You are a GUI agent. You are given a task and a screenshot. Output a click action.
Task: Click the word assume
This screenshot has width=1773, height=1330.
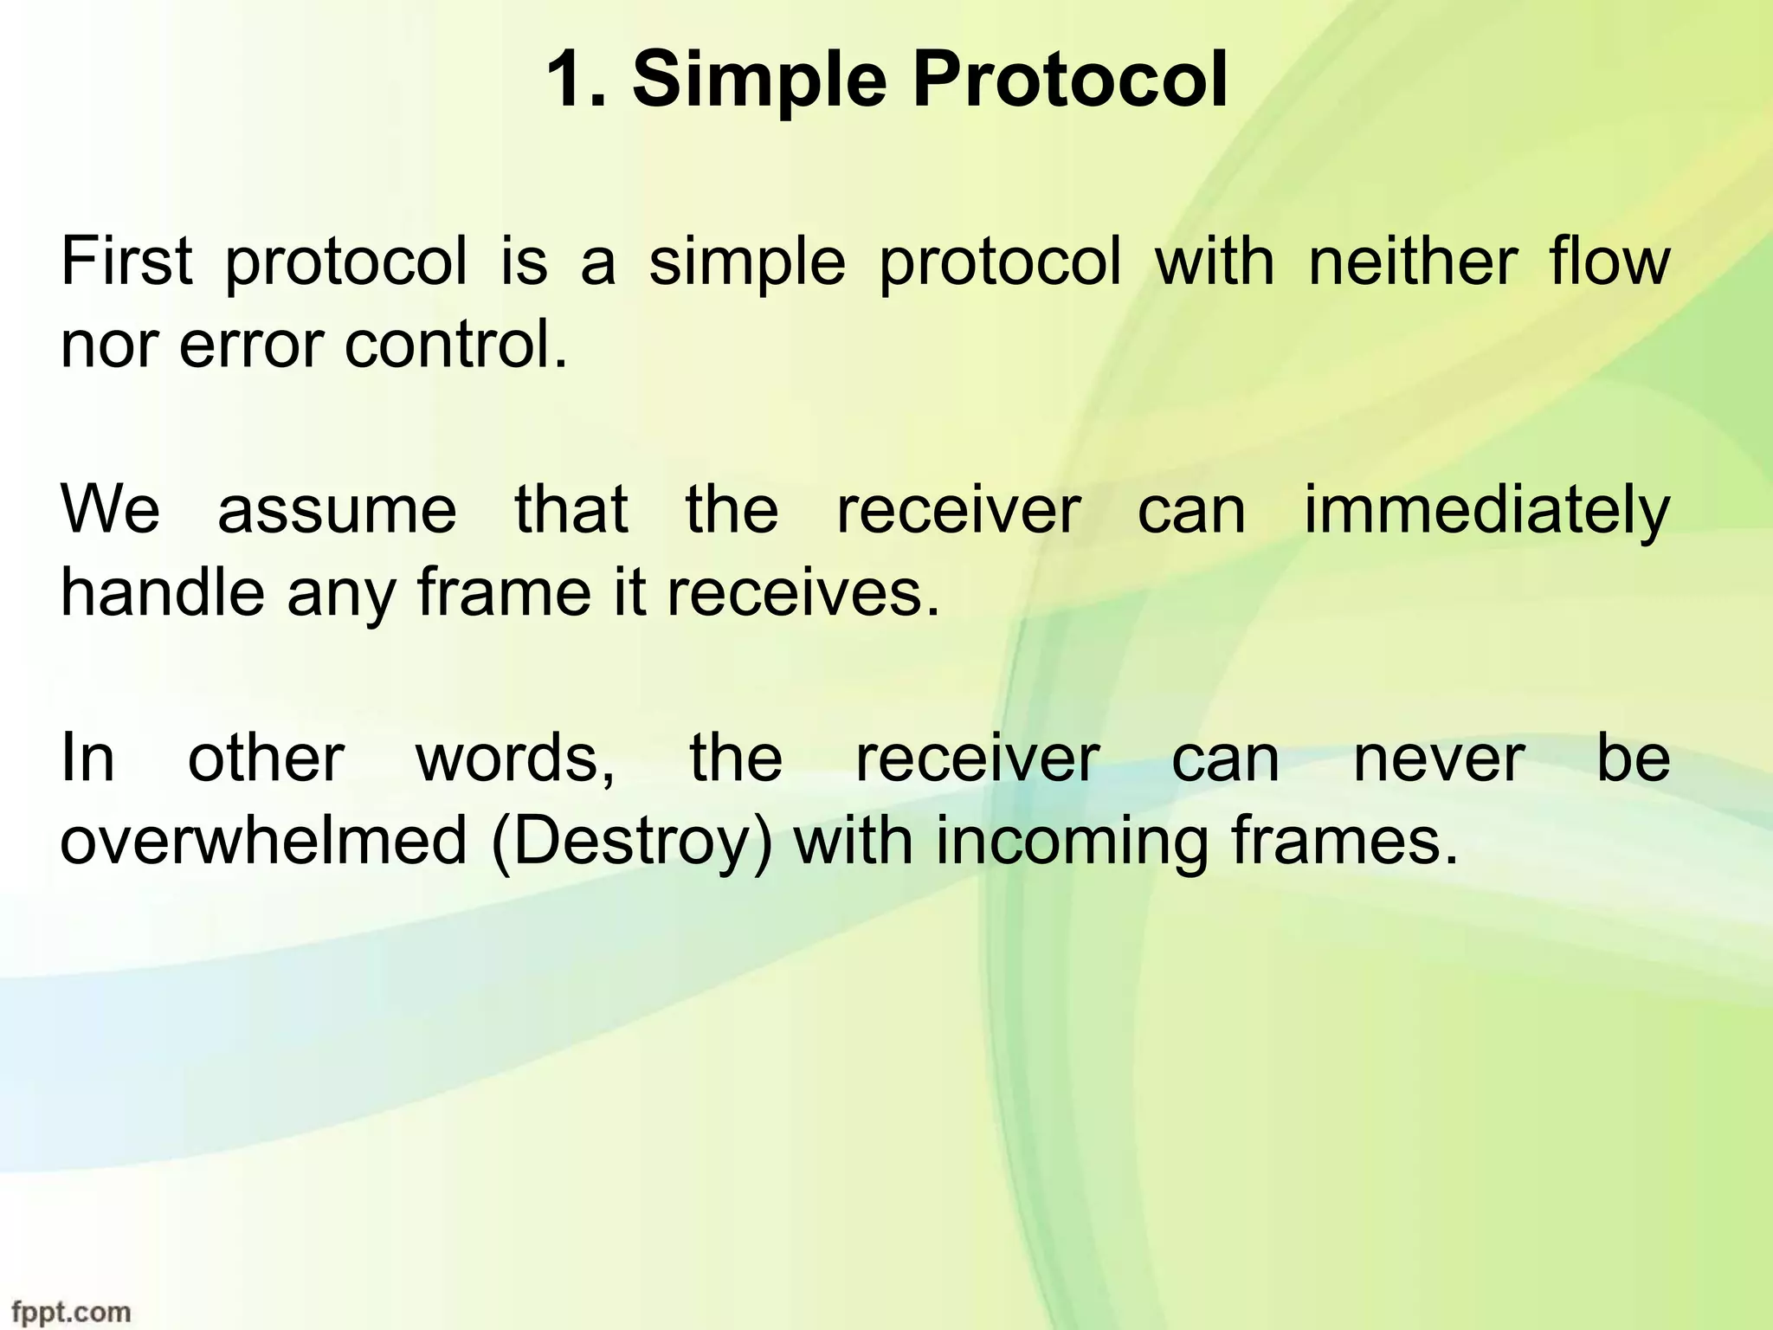tap(337, 510)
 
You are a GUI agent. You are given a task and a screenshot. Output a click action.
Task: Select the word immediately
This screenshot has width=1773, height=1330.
tap(1486, 512)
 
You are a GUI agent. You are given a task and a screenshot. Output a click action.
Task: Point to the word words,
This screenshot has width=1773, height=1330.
tap(516, 759)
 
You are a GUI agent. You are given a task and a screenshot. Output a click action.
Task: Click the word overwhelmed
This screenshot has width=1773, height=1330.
tap(263, 842)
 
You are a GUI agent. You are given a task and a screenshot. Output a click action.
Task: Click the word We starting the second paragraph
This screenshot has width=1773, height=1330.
tap(110, 510)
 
